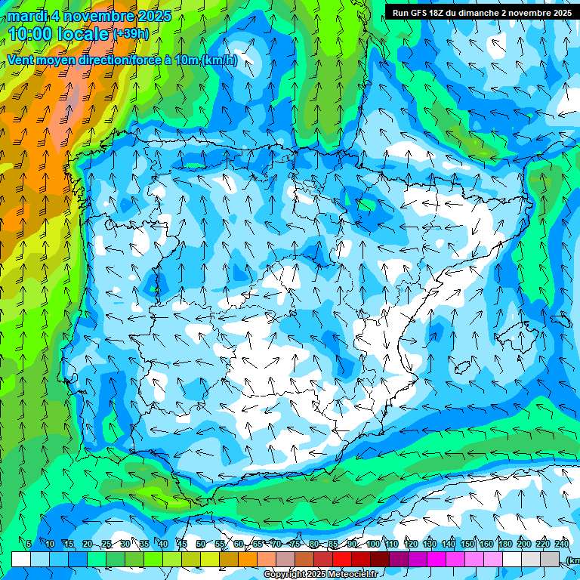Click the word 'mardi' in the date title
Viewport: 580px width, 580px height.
pyautogui.click(x=27, y=16)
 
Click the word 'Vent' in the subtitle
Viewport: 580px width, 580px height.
pyautogui.click(x=22, y=60)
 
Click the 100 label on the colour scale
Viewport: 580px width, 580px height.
pyautogui.click(x=373, y=544)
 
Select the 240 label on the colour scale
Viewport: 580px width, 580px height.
pyautogui.click(x=562, y=544)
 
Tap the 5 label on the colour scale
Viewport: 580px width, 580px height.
pyautogui.click(x=29, y=544)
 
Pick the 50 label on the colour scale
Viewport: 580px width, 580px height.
pyautogui.click(x=200, y=544)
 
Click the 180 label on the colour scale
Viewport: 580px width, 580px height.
pyautogui.click(x=505, y=544)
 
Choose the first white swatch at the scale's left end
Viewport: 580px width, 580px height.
pyautogui.click(x=20, y=559)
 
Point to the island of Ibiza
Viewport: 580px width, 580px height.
pyautogui.click(x=463, y=368)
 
